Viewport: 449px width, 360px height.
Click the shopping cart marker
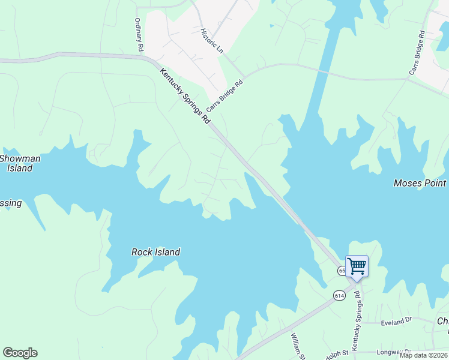357,266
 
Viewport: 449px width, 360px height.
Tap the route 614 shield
339,295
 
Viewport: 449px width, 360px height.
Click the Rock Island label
155,252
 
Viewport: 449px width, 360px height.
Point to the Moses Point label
420,183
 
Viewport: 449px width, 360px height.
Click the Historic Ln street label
211,41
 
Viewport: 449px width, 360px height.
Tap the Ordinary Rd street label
139,34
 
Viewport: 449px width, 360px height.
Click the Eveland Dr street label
397,323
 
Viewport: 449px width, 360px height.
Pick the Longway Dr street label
393,352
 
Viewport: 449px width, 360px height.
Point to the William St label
299,346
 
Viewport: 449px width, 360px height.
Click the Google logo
20,353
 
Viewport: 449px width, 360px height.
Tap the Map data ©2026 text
424,355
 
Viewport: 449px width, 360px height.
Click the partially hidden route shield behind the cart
342,271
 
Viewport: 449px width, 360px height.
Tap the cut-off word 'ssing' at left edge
11,203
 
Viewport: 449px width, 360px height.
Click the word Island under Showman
20,169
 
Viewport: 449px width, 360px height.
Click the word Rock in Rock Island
142,252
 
